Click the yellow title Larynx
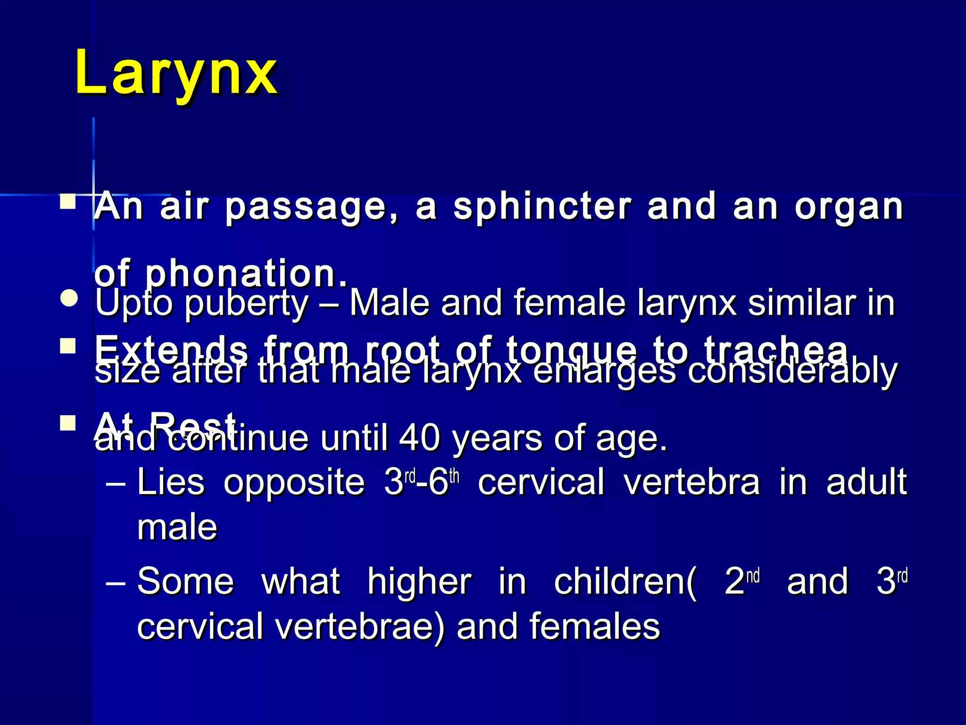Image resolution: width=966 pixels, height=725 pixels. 176,74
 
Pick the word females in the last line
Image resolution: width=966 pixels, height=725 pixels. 594,626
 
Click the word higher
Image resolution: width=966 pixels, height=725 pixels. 419,581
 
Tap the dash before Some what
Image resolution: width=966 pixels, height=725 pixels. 116,583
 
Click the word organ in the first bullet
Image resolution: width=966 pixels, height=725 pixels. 849,208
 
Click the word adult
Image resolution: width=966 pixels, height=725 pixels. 866,482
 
